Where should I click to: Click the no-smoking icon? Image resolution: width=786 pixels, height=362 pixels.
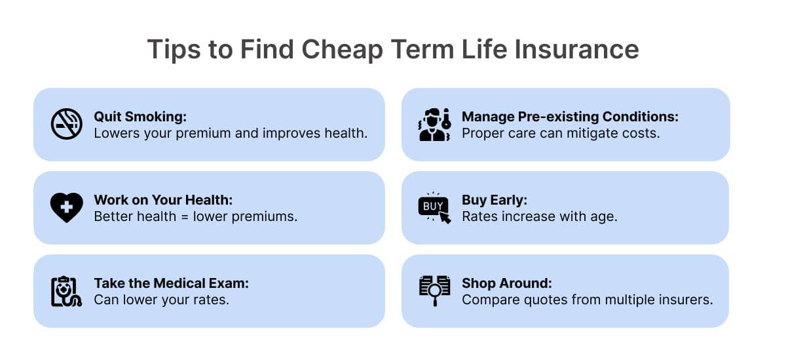coord(67,124)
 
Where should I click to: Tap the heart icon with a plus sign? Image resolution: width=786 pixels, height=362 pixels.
coord(67,207)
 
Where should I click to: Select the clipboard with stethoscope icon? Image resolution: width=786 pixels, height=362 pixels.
coord(66,291)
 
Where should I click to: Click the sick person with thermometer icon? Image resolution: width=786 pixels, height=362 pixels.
coord(435,125)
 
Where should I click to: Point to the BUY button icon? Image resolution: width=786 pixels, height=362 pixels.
coord(434,208)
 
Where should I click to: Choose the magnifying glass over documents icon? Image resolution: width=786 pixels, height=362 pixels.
coord(435,291)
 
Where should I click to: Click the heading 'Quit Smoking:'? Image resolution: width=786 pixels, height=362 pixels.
coord(140,116)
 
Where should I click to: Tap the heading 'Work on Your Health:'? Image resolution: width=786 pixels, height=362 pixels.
coord(164,199)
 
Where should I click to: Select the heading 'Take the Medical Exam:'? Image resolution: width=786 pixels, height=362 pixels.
coord(172,283)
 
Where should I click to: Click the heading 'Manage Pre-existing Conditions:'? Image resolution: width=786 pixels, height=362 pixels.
coord(571,116)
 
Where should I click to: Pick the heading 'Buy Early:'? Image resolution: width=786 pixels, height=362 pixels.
coord(495,199)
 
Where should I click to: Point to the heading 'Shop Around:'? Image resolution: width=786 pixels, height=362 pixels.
coord(507,283)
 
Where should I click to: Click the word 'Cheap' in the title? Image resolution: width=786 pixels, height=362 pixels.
coord(342,50)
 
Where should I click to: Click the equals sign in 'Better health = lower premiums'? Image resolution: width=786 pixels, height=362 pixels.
coord(185,217)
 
